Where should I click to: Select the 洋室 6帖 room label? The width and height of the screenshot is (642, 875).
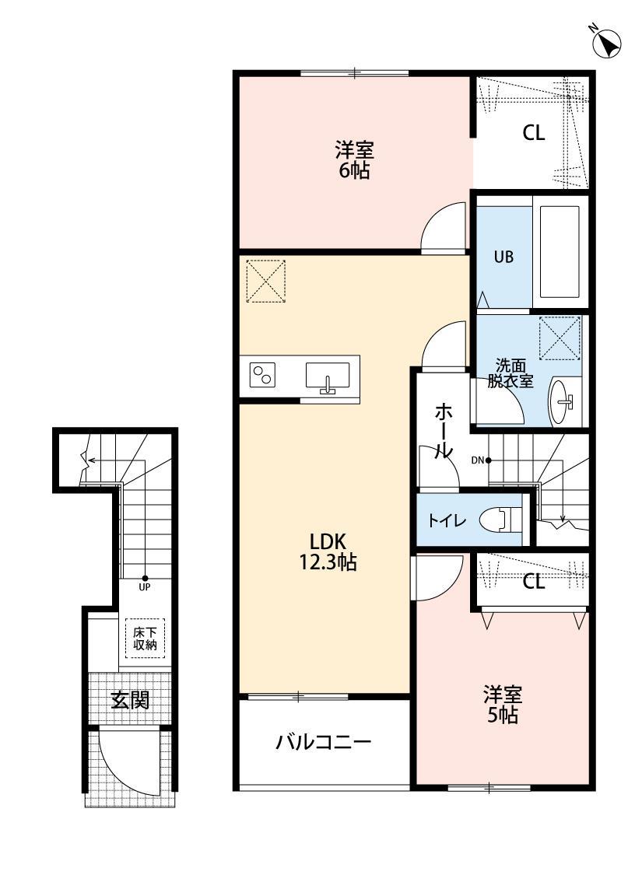pos(354,159)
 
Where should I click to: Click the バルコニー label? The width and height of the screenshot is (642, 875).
pos(324,742)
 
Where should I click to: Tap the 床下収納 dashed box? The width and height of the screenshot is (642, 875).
pos(145,638)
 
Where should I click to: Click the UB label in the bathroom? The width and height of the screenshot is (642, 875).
pos(503,257)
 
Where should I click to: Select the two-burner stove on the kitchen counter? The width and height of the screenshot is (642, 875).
pos(262,376)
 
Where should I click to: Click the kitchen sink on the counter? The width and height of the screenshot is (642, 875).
pos(328,376)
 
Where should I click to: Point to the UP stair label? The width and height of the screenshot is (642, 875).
pos(145,586)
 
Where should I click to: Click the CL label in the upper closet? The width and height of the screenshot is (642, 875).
pos(533,133)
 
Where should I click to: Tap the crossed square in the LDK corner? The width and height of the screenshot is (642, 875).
pos(267,280)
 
